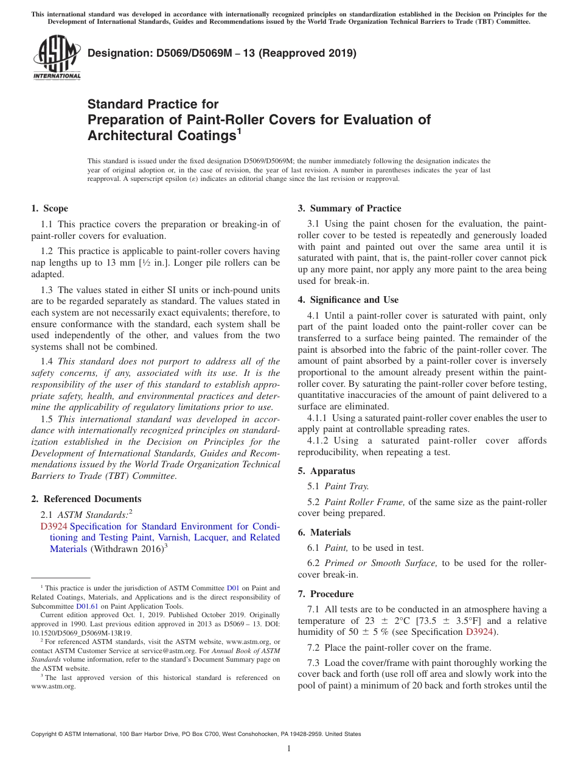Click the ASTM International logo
tap(56, 58)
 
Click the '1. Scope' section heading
tap(49, 208)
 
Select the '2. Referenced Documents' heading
tap(86, 499)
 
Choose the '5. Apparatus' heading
tap(326, 471)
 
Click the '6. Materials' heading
tap(324, 533)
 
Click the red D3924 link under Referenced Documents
tap(54, 526)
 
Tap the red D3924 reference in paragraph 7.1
tap(479, 632)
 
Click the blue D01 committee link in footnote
tap(233, 589)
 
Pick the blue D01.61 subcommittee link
tap(86, 606)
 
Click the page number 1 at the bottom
tap(289, 749)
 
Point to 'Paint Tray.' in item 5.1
tap(347, 486)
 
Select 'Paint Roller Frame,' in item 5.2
tap(364, 502)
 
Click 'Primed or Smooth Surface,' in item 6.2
tap(381, 563)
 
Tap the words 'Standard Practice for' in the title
tap(153, 104)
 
